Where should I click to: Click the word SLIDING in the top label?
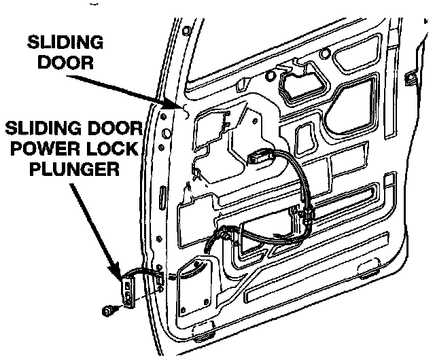click(66, 43)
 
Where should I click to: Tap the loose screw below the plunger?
click(107, 311)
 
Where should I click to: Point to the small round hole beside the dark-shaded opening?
click(272, 74)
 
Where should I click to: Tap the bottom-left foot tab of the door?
click(202, 335)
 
